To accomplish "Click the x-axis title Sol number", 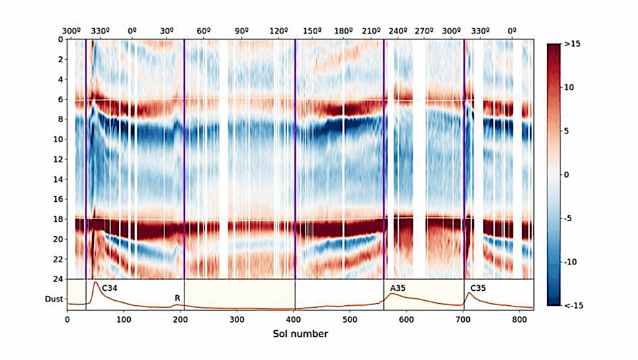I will (x=300, y=334).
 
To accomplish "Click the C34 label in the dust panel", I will (x=110, y=288).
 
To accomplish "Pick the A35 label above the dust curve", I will (x=398, y=288).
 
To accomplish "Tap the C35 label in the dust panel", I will (x=478, y=288).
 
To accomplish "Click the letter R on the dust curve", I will (x=178, y=298).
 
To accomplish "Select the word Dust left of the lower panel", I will (x=53, y=299).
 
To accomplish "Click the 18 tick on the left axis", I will (x=59, y=219).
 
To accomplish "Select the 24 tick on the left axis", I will (x=59, y=279).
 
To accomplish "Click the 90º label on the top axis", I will (x=242, y=30).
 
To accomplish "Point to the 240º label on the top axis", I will (x=398, y=30).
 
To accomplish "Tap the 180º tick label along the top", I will (x=343, y=30).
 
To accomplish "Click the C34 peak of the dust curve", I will (x=95, y=283).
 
